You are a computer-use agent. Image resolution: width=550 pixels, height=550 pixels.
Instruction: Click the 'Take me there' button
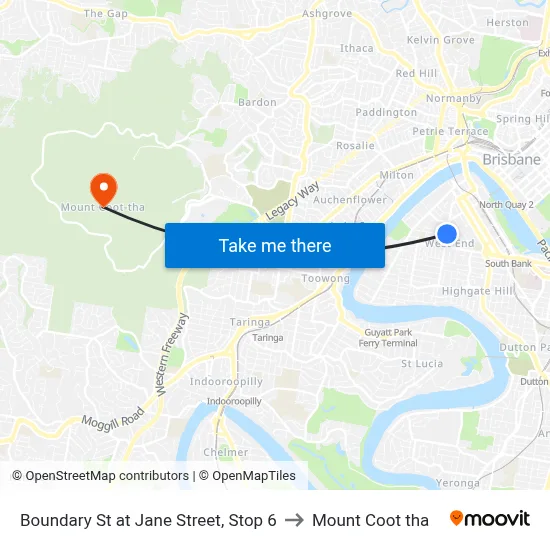coord(275,245)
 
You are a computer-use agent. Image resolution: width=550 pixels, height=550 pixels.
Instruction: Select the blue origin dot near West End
coord(447,234)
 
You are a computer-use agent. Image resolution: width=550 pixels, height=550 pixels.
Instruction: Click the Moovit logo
coord(489,519)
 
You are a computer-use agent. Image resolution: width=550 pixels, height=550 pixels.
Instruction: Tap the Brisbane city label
coord(511,159)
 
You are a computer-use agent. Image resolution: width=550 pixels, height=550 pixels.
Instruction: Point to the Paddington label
coord(386,113)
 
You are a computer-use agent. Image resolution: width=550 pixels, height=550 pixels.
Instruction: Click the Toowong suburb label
coord(325,278)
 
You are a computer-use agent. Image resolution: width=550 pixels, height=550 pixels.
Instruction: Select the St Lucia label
coord(421,364)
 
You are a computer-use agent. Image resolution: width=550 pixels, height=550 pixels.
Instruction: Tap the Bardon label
coord(257,102)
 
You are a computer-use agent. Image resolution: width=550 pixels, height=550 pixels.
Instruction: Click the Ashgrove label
coord(327,14)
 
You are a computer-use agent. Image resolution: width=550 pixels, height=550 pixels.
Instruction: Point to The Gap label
coord(106,14)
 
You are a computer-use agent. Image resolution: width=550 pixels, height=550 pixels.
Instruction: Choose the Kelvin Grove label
coord(440,40)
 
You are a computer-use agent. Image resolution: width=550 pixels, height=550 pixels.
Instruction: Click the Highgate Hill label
coord(478,290)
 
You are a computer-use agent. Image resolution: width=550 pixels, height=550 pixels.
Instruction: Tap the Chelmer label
coord(225,452)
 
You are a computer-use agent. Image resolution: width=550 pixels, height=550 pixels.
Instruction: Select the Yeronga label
coord(459,482)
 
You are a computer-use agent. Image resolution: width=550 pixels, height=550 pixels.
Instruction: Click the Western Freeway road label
coord(169,353)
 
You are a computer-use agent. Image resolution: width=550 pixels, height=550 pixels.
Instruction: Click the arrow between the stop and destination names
coord(294,520)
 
